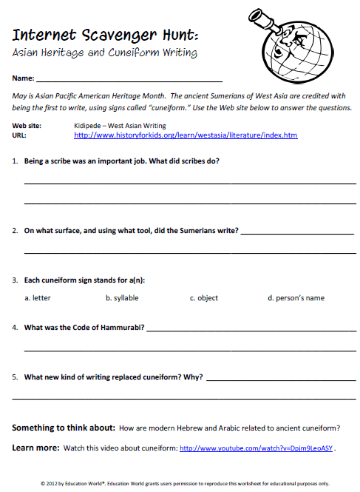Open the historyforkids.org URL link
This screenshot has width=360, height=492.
tap(186, 136)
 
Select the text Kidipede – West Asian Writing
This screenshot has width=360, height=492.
tap(120, 127)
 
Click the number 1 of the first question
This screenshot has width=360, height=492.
tap(15, 161)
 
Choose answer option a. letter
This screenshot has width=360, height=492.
tap(38, 298)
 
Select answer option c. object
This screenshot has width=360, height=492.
tap(203, 298)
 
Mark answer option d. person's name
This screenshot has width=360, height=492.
tap(296, 298)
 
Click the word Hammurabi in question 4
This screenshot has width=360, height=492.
tap(119, 326)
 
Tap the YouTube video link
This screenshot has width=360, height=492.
tap(257, 448)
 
